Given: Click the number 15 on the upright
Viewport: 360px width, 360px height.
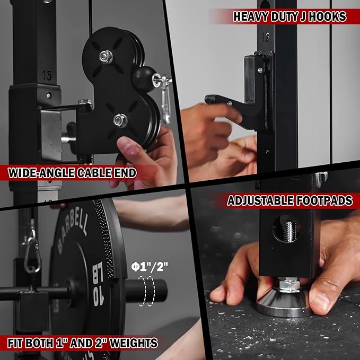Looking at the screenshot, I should point(47,76).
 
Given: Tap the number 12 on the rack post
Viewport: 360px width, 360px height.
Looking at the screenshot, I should point(266,38).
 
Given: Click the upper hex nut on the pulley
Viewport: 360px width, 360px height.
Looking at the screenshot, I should point(106,57).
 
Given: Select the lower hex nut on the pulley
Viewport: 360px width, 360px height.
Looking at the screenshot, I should point(120,120).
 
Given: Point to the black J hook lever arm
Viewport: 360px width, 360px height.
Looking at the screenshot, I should point(223,100).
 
